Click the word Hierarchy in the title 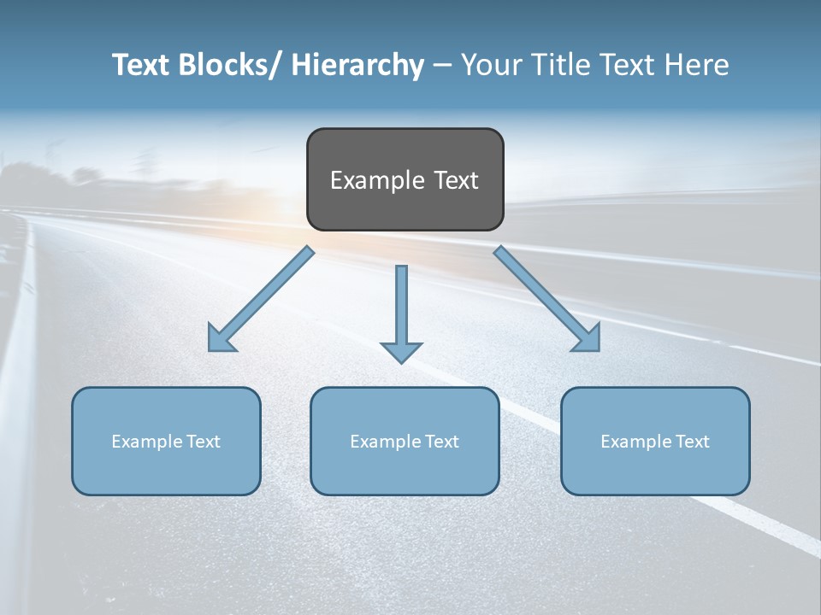tap(357, 65)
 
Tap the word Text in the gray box tap(455, 180)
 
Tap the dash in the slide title tap(442, 66)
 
